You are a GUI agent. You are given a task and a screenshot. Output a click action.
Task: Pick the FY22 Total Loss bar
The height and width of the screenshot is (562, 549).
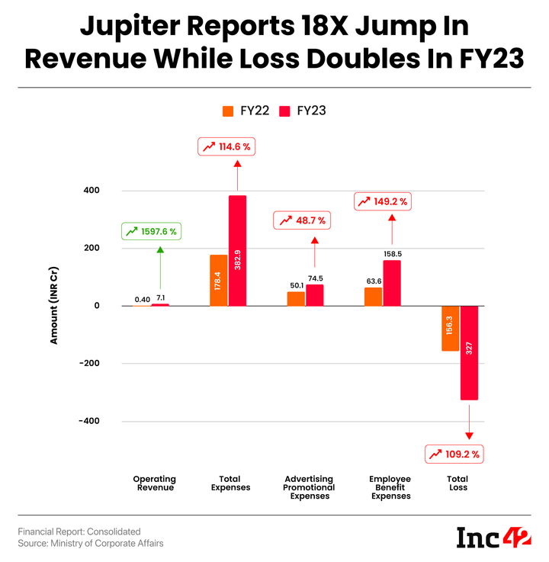(x=450, y=328)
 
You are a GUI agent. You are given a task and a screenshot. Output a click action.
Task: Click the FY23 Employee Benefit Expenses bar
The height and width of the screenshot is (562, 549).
(x=392, y=283)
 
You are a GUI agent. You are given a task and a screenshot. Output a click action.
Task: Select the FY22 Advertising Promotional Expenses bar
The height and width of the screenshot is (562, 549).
(x=296, y=298)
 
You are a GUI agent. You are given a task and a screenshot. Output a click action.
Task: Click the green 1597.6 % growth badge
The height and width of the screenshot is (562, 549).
(x=152, y=230)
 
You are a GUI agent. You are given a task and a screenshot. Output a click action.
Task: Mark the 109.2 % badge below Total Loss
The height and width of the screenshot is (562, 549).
(x=454, y=454)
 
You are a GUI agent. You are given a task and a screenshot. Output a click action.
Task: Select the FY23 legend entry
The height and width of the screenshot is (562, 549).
(x=303, y=111)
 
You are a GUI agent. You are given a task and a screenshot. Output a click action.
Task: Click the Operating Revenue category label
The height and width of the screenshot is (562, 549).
(x=153, y=483)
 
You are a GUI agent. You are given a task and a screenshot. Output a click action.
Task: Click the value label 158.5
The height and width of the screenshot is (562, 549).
(x=392, y=253)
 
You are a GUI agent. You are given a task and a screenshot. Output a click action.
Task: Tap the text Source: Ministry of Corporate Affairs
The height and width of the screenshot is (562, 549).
(x=91, y=543)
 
